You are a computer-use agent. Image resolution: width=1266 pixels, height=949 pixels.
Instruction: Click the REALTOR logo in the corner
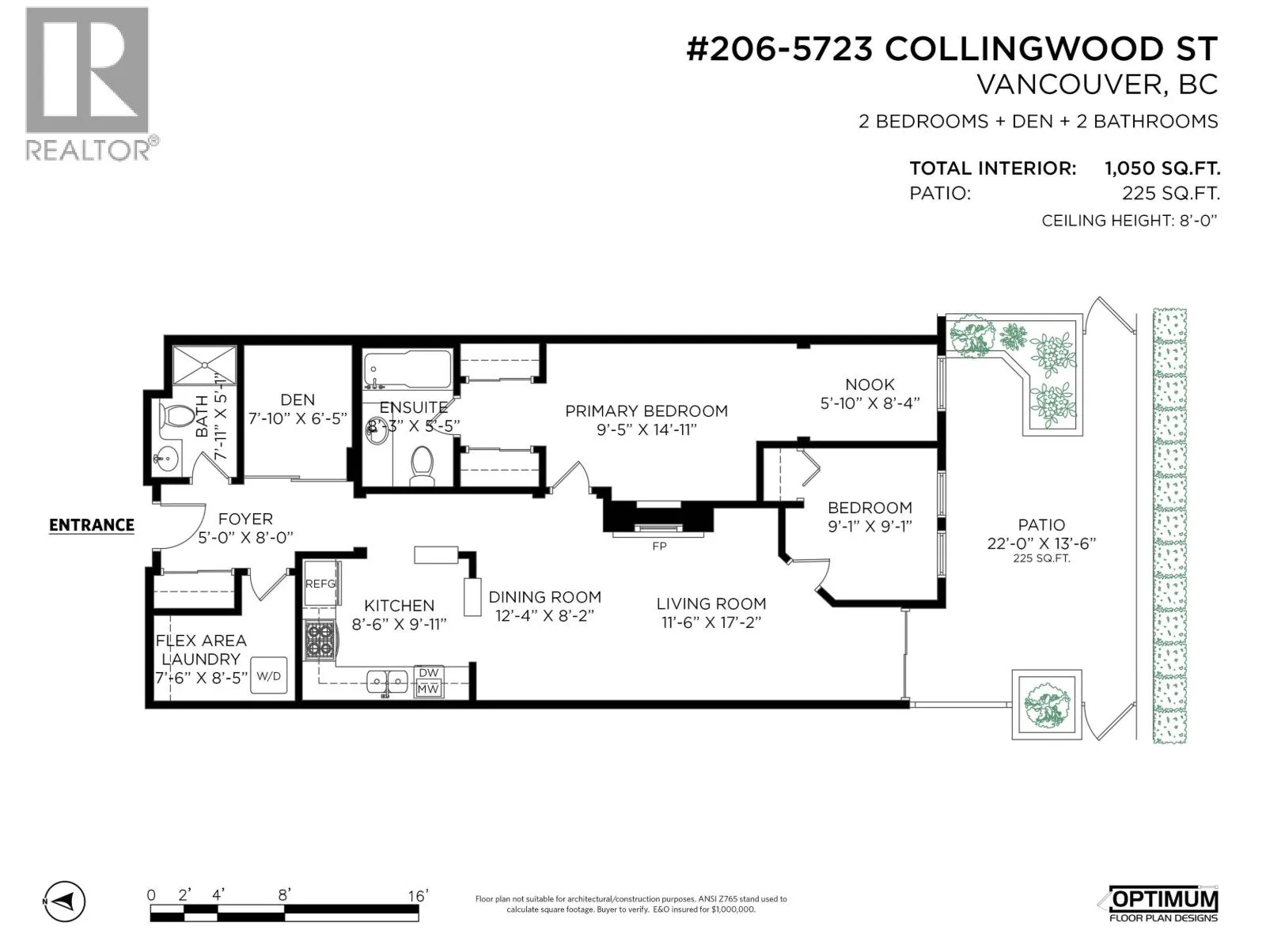pyautogui.click(x=91, y=84)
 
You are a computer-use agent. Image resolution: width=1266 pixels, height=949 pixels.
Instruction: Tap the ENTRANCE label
pyautogui.click(x=92, y=525)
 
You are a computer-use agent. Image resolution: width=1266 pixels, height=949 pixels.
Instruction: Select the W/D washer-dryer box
pyautogui.click(x=268, y=675)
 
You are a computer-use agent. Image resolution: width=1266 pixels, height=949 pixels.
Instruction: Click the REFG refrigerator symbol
pyautogui.click(x=321, y=583)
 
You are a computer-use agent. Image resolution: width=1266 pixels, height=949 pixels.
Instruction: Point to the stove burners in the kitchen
pyautogui.click(x=320, y=640)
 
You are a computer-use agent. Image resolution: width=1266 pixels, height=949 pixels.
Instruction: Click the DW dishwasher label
pyautogui.click(x=429, y=673)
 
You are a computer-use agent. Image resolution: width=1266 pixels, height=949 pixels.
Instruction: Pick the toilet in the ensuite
pyautogui.click(x=423, y=466)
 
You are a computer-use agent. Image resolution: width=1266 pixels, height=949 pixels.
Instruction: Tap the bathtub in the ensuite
pyautogui.click(x=407, y=369)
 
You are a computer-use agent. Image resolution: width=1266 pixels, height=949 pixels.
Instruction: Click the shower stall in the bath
pyautogui.click(x=204, y=365)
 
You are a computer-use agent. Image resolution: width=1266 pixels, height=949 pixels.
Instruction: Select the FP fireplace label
pyautogui.click(x=659, y=546)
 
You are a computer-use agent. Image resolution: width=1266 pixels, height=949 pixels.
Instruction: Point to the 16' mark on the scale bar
pyautogui.click(x=418, y=895)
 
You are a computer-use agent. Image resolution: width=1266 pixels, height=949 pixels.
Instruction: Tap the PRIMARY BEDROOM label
pyautogui.click(x=646, y=411)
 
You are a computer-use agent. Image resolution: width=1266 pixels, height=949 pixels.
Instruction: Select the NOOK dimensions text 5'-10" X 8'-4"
pyautogui.click(x=870, y=403)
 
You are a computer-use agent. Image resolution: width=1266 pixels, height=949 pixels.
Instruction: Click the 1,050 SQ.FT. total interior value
pyautogui.click(x=1162, y=168)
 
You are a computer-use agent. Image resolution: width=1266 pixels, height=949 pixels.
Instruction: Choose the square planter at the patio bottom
pyautogui.click(x=1046, y=704)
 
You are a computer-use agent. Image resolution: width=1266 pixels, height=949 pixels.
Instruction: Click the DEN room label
pyautogui.click(x=298, y=400)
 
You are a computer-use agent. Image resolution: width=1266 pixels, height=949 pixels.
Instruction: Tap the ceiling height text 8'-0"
pyautogui.click(x=1198, y=221)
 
